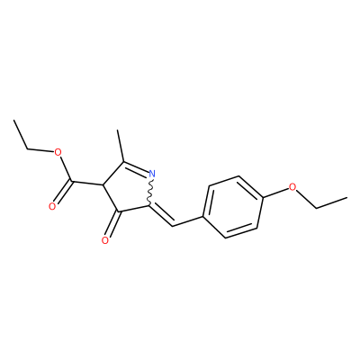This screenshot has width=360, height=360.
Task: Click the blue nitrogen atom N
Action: (152, 174)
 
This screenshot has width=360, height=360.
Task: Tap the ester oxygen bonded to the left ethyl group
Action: (58, 153)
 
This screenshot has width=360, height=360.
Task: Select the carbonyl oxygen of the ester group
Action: (52, 206)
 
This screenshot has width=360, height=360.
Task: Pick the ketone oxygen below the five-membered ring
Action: (104, 240)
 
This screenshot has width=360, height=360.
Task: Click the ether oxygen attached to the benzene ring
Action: (292, 187)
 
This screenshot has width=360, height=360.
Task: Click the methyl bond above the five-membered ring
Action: (121, 146)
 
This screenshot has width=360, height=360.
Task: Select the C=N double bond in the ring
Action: (135, 168)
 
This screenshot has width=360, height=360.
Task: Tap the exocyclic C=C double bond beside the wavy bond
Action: (161, 215)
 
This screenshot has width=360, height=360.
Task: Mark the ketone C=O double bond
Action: (113, 224)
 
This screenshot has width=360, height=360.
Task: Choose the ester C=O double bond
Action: (63, 193)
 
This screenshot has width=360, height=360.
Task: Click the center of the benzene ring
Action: (232, 207)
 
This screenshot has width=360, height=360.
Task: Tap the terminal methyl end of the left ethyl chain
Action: (14, 121)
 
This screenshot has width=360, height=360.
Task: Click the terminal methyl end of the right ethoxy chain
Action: (346, 198)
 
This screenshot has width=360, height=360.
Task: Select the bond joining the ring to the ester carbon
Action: (87, 183)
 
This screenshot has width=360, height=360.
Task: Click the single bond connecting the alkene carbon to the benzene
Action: (188, 220)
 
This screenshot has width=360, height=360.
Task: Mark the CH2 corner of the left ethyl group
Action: (28, 149)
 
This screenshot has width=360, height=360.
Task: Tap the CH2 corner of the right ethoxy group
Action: (317, 208)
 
